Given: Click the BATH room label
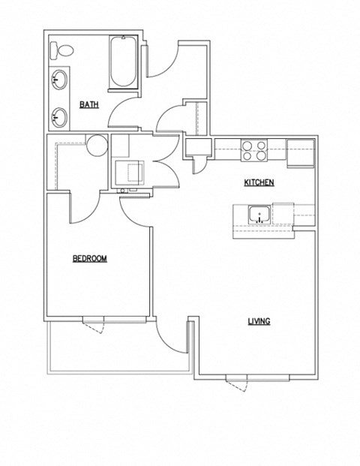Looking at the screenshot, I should click(89, 105).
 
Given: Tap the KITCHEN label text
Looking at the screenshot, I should click(259, 182).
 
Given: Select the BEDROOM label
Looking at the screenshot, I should click(89, 259).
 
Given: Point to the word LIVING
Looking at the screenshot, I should click(259, 321).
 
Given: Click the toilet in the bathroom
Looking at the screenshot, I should click(62, 52).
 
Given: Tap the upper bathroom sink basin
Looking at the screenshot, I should click(60, 79).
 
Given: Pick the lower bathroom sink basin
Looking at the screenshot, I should click(60, 116).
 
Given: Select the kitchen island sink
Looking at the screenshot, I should click(259, 216).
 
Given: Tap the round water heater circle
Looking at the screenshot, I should click(96, 145).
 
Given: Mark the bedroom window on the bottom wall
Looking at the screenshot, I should click(93, 320).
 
